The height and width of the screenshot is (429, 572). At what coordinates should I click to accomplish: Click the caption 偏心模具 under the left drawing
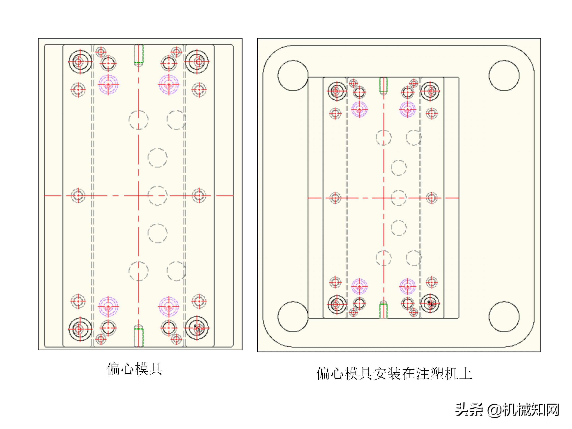pyautogui.click(x=134, y=369)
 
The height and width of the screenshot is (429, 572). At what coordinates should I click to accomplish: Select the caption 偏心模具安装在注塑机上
pyautogui.click(x=394, y=373)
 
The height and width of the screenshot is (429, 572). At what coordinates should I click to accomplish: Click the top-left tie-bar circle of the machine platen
pyautogui.click(x=293, y=75)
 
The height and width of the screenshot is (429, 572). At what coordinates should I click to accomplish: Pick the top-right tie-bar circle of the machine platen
pyautogui.click(x=504, y=75)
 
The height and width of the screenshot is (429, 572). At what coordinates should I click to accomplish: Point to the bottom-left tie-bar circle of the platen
pyautogui.click(x=293, y=317)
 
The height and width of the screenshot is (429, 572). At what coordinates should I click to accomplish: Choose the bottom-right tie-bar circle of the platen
pyautogui.click(x=504, y=317)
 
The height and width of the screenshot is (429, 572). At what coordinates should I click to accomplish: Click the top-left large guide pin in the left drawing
pyautogui.click(x=80, y=62)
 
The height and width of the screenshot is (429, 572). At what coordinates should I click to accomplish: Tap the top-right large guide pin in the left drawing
pyautogui.click(x=197, y=62)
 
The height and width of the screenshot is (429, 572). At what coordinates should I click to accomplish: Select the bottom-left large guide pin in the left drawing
pyautogui.click(x=80, y=329)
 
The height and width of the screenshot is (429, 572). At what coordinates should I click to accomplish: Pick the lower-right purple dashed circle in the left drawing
pyautogui.click(x=169, y=307)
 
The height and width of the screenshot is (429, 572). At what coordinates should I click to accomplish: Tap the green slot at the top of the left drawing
pyautogui.click(x=139, y=54)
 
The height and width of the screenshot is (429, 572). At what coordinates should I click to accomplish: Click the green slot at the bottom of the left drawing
pyautogui.click(x=139, y=337)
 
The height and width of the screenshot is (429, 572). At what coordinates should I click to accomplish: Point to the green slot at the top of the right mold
pyautogui.click(x=383, y=85)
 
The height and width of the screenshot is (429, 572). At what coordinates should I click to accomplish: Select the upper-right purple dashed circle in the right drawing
pyautogui.click(x=408, y=109)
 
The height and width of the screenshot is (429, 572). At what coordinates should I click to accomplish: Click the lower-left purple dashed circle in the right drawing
pyautogui.click(x=359, y=286)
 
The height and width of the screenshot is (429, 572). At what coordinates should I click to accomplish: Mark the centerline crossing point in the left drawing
pyautogui.click(x=139, y=196)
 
